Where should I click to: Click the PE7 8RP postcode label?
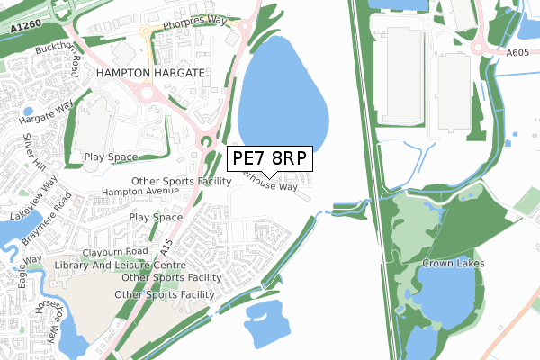(270, 158)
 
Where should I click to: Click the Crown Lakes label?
(454, 263)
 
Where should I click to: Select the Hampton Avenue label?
(140, 192)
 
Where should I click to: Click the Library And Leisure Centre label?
(120, 265)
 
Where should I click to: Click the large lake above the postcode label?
(282, 90)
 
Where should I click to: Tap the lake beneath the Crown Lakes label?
(448, 297)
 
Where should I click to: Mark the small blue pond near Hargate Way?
(29, 112)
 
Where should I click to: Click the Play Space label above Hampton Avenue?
(111, 157)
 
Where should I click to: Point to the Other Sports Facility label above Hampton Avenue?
(181, 181)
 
